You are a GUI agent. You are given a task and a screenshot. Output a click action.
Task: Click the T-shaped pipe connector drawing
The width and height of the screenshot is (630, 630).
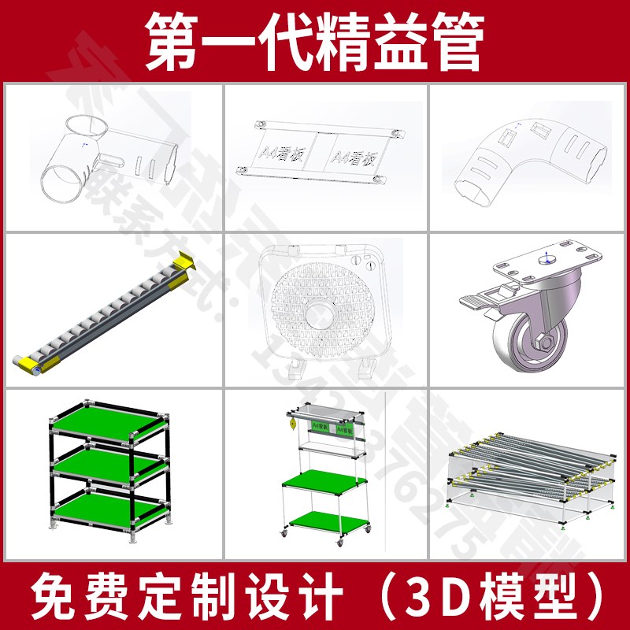pos(102,154)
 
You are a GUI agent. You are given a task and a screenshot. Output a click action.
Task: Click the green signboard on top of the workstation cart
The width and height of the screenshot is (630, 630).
pos(334,427)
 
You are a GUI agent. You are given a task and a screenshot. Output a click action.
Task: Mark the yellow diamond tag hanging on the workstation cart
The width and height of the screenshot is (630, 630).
pos(291,425)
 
